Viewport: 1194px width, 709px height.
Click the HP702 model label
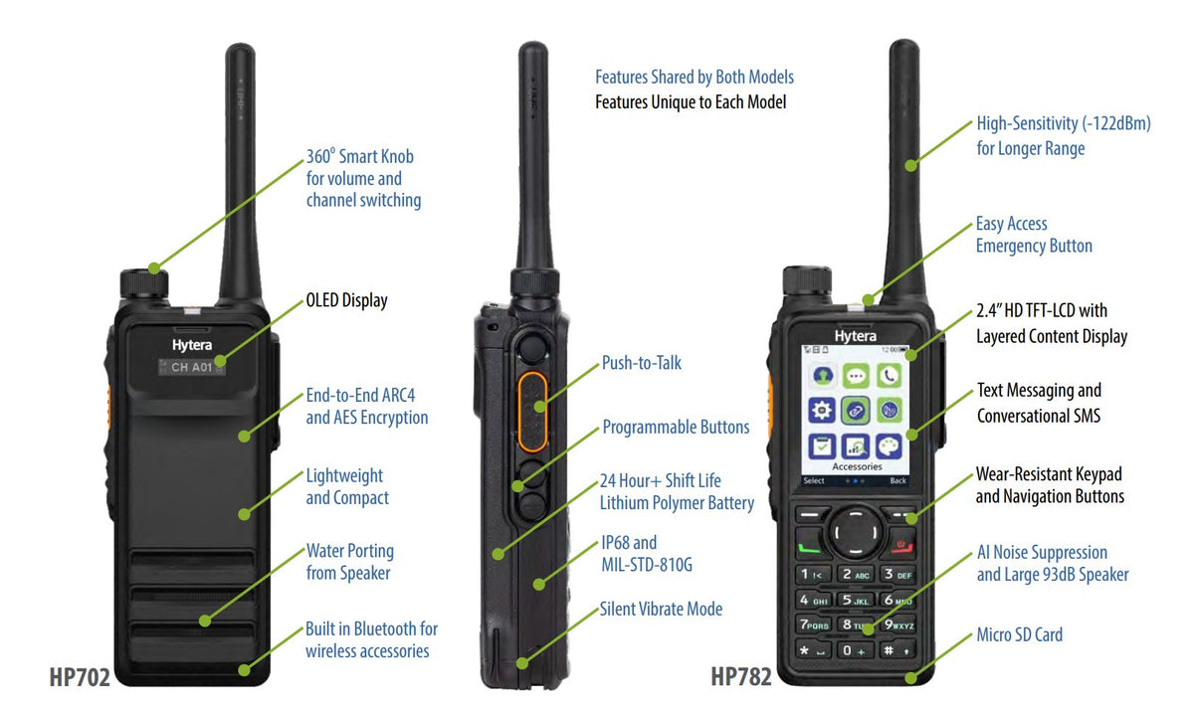click(x=79, y=677)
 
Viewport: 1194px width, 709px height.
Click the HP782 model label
click(x=741, y=677)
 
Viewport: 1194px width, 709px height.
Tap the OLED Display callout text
click(x=346, y=300)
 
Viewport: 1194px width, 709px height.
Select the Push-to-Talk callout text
click(x=642, y=363)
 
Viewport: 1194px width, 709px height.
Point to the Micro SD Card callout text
click(x=1019, y=634)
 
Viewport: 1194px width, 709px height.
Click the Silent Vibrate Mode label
click(x=661, y=609)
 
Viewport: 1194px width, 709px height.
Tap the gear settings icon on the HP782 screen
click(x=822, y=411)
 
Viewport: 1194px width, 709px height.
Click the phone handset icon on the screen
click(x=889, y=376)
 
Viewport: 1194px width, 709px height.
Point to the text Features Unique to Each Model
click(x=691, y=101)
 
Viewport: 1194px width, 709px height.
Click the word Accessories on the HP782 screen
click(x=857, y=466)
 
